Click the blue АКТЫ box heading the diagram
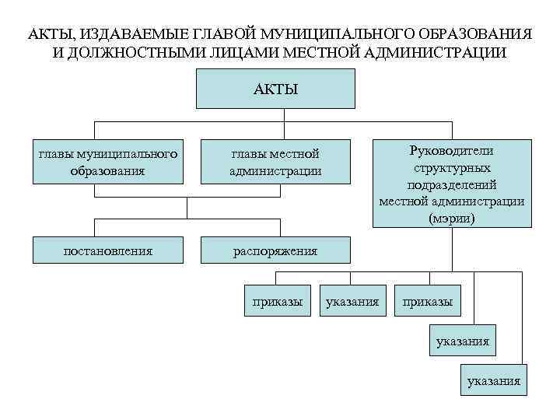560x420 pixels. coord(275,88)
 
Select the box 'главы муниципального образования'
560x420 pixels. coord(107,162)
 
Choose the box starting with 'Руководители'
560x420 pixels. coord(452,184)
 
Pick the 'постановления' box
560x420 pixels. coord(107,250)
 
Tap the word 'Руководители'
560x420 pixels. coord(452,150)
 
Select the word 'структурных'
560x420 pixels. coord(452,167)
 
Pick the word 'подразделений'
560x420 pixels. coord(452,184)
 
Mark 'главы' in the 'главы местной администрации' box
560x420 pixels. coord(248,153)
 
